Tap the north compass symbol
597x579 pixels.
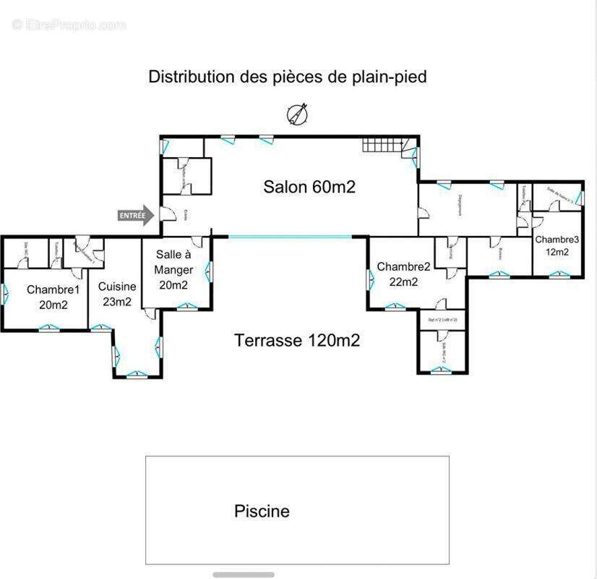point(297,115)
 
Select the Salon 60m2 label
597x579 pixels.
point(309,187)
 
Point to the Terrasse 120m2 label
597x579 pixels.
point(296,340)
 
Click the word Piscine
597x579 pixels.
point(262,511)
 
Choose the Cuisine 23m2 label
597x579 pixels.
point(117,294)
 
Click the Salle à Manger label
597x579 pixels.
point(173,269)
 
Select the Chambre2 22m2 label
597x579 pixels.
point(403,274)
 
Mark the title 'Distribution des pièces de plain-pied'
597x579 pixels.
point(288,77)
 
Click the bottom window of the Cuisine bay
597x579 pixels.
point(137,374)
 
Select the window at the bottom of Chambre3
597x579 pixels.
point(557,274)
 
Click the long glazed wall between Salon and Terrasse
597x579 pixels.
point(290,237)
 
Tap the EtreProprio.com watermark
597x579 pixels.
point(69,25)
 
